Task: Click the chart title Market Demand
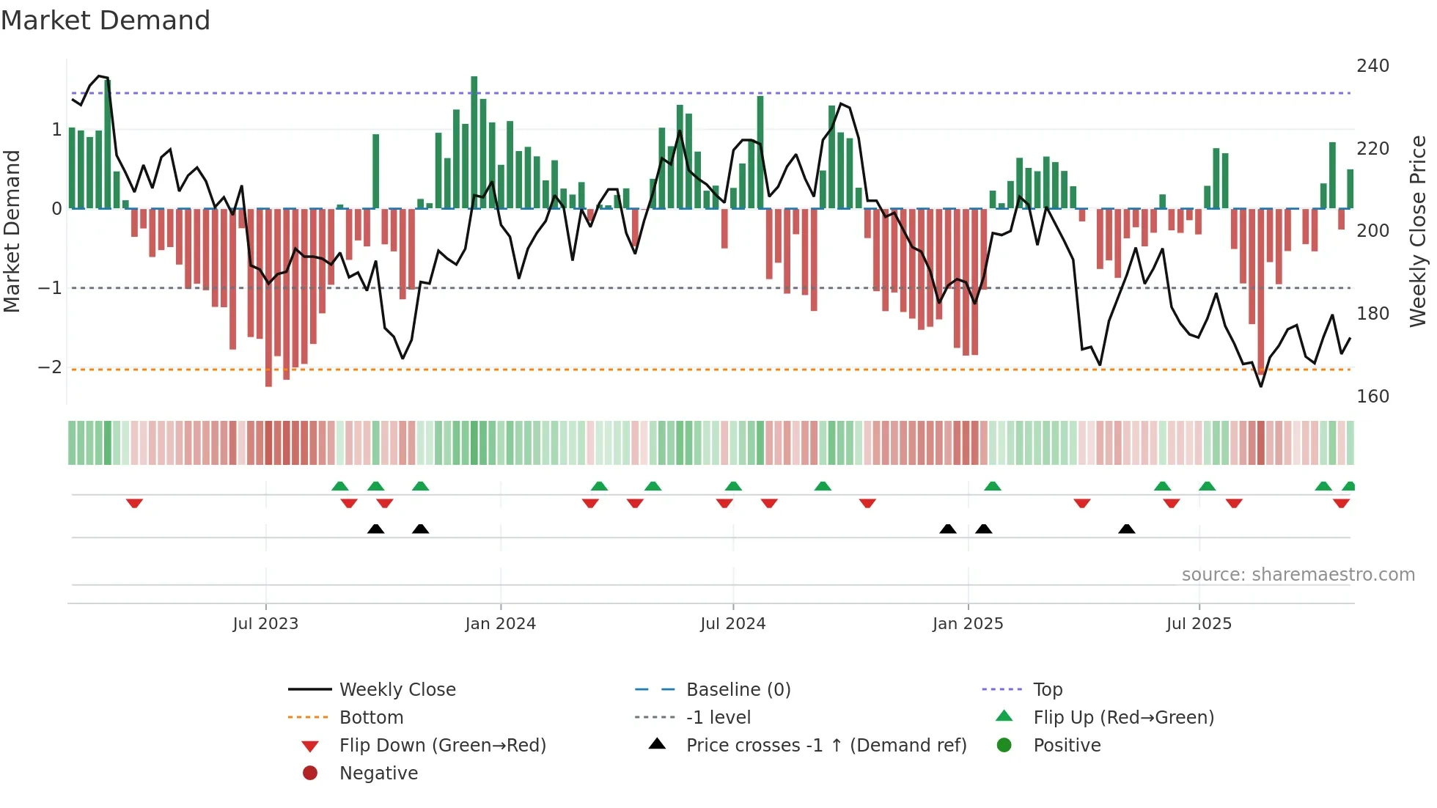[x=106, y=21]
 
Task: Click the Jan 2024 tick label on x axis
[x=500, y=624]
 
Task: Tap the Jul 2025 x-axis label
[x=1199, y=624]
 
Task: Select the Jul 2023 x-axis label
[x=265, y=624]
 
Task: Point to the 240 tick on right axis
[x=1372, y=66]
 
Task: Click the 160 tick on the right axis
[x=1372, y=397]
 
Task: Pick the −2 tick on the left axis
[x=50, y=367]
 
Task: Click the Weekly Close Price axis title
[x=1418, y=231]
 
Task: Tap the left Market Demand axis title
[x=12, y=231]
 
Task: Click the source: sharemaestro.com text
[x=1298, y=575]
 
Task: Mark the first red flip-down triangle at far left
[x=134, y=504]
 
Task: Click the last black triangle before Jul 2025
[x=1127, y=529]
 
